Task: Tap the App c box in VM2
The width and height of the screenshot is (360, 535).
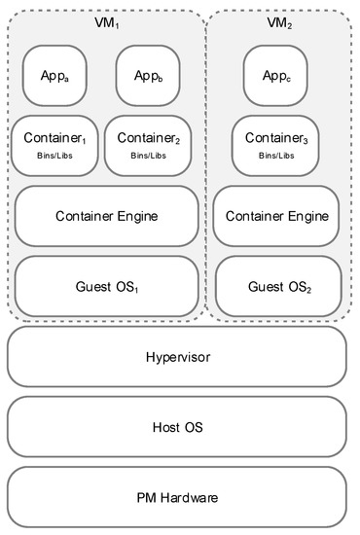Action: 277,74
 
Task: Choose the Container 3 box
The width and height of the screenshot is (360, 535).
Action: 277,145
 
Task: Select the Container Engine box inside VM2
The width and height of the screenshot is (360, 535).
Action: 277,216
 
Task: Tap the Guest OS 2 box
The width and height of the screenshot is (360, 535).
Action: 277,286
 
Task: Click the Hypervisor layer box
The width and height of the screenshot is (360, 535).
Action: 177,357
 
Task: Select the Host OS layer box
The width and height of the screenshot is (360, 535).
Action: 177,427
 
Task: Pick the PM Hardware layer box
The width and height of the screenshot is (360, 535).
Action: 177,497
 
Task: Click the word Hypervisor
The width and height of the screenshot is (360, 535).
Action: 177,357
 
